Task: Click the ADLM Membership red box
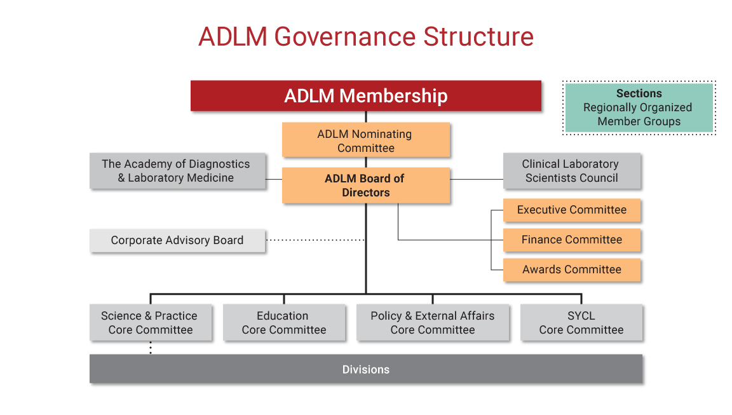[x=366, y=96]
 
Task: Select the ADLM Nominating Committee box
[x=366, y=140]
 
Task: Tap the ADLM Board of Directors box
[x=366, y=186]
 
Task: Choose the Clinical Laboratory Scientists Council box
[x=572, y=170]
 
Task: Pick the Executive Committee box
[x=572, y=210]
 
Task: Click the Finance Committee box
[x=572, y=240]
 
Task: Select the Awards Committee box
[x=572, y=269]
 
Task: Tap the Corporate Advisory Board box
[x=177, y=240]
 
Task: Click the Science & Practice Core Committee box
[x=151, y=323]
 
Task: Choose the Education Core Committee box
[x=284, y=323]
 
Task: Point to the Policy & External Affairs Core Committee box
[x=433, y=323]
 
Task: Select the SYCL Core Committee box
[x=581, y=323]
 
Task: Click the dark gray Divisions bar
[x=366, y=369]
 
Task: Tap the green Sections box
[x=639, y=107]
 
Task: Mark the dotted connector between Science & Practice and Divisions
[x=151, y=348]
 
